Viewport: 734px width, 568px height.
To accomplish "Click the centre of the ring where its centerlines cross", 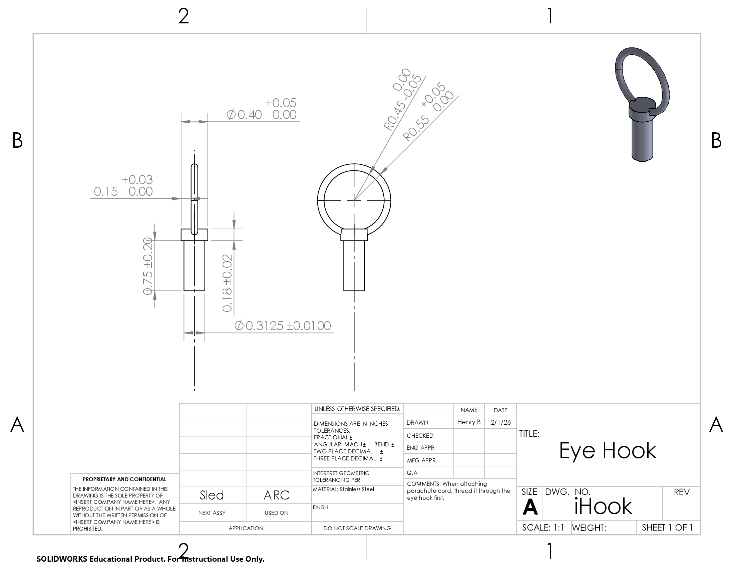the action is tap(354, 200).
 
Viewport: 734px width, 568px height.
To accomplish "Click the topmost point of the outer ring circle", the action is tap(354, 164).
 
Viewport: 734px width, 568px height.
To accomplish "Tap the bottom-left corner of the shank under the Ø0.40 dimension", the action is tap(184, 290).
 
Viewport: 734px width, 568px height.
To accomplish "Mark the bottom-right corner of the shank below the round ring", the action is tap(365, 290).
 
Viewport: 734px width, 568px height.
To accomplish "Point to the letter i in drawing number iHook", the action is tap(577, 507).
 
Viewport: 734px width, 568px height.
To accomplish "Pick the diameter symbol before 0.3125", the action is tap(239, 326).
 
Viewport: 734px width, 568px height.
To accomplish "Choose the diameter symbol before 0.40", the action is tap(231, 115).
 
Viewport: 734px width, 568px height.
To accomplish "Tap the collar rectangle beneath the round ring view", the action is tap(354, 235).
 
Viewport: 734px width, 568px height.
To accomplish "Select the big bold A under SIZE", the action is tap(530, 507).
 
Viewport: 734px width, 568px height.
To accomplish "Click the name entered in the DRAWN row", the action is tap(469, 422).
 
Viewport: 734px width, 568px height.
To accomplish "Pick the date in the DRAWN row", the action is tap(500, 422).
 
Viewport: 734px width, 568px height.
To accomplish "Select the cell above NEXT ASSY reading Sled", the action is tap(212, 495).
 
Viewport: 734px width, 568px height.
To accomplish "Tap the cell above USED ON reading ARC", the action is tap(277, 495).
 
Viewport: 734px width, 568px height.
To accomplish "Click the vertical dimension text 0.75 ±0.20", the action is tap(148, 266).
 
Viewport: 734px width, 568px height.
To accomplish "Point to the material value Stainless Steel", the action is tap(357, 489).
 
